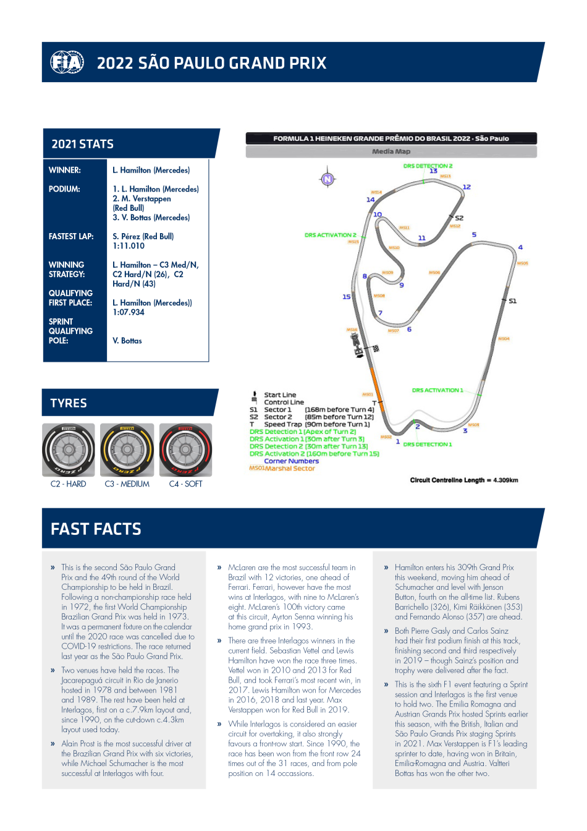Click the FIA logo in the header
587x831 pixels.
[x=67, y=62]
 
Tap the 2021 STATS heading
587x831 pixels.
[x=82, y=144]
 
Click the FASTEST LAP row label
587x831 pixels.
[x=71, y=236]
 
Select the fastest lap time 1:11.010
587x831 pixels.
[x=129, y=246]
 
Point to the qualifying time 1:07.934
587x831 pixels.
[x=129, y=312]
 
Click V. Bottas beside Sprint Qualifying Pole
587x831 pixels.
[x=127, y=341]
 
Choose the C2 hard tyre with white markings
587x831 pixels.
[x=69, y=450]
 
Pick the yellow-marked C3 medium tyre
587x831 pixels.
[x=127, y=450]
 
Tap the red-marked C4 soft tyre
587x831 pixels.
[x=185, y=450]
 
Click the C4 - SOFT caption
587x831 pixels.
[x=185, y=484]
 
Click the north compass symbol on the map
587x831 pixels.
[x=327, y=179]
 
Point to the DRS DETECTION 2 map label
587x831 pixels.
[x=428, y=166]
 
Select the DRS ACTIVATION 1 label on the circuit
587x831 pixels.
[x=437, y=390]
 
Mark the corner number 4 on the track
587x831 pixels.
[x=520, y=247]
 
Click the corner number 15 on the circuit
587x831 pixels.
[x=347, y=297]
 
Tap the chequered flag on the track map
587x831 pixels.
[x=376, y=349]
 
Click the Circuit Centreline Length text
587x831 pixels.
[x=463, y=480]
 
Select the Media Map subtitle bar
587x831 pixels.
[x=391, y=151]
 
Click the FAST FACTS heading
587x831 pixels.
[x=96, y=529]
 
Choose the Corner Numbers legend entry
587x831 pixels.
[x=292, y=461]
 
